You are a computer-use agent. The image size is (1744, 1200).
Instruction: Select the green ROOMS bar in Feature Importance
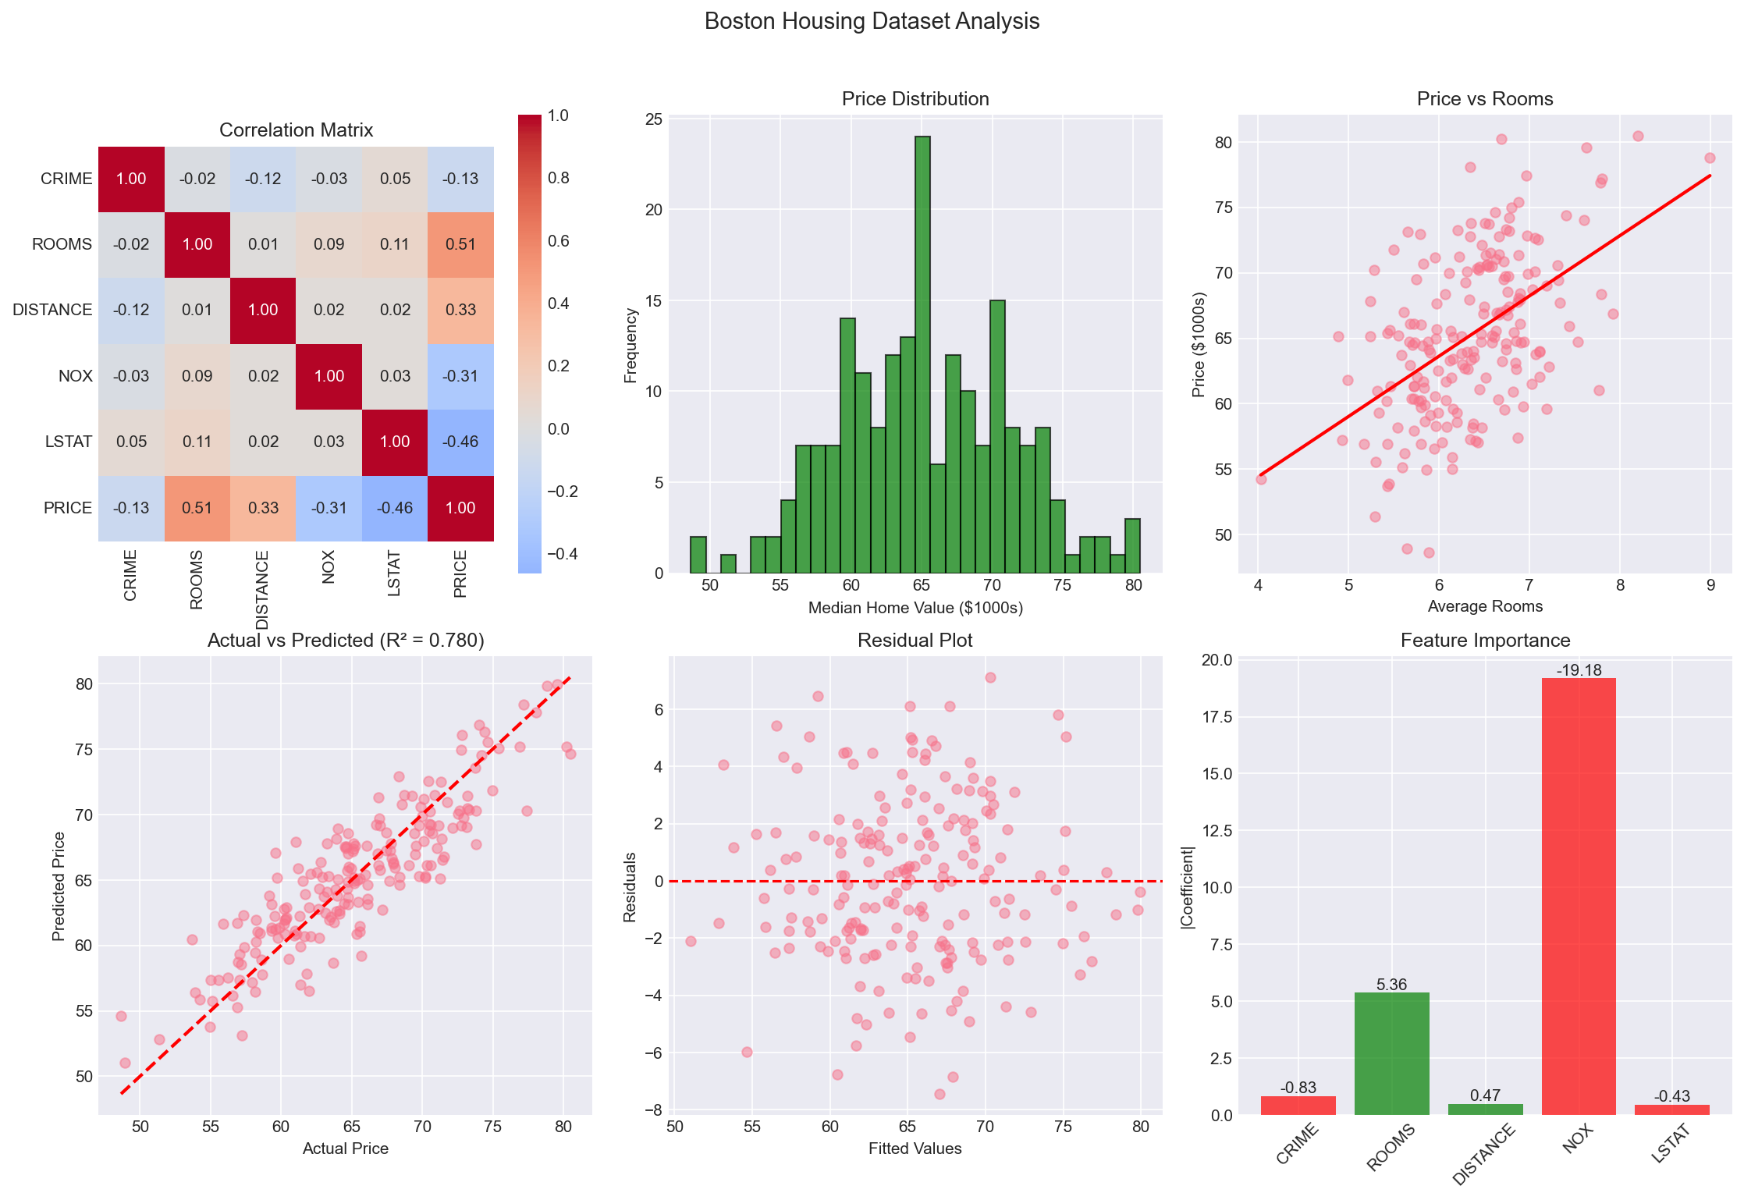(1391, 1053)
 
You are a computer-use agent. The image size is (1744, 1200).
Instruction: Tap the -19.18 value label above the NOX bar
(1579, 670)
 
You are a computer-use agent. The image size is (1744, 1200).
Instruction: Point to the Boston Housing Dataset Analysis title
(872, 21)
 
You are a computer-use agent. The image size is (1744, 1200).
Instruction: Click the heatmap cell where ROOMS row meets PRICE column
(460, 245)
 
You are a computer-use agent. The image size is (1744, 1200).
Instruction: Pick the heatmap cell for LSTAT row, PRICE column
(460, 442)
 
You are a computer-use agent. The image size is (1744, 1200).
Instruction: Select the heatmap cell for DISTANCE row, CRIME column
(131, 311)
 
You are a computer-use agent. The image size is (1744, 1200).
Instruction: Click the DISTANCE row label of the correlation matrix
(52, 311)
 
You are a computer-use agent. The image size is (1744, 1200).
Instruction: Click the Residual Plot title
(915, 641)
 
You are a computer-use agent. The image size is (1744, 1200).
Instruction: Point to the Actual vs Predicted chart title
(346, 641)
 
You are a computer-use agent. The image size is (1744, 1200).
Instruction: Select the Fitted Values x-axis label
(915, 1149)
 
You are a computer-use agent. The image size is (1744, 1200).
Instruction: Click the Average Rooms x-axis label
(1485, 606)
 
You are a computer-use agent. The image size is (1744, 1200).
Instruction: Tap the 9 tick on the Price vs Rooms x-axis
(1710, 585)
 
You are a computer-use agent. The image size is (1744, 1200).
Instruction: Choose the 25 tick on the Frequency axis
(654, 119)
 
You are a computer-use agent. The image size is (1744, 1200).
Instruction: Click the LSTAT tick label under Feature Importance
(1671, 1145)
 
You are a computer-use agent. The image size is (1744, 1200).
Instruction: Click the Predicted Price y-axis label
(59, 886)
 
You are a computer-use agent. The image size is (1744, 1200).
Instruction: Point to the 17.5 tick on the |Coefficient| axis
(1215, 717)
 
